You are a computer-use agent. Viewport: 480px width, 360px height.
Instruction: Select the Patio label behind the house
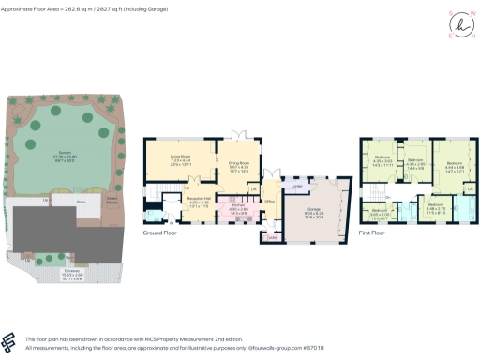[x=68, y=201]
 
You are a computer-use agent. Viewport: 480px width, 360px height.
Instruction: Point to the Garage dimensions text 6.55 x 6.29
[x=314, y=215]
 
